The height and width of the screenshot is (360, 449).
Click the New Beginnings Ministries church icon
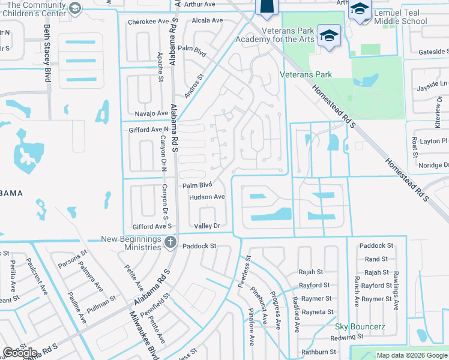coord(170,242)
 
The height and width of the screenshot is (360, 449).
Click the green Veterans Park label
coord(306,75)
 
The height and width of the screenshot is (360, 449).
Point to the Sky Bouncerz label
coord(360,327)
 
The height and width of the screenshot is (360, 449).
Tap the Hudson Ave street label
coord(206,197)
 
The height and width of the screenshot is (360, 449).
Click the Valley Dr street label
coord(207,226)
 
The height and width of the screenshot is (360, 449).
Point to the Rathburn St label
coord(319,352)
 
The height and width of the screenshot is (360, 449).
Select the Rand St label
coord(376,259)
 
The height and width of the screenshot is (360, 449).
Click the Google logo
coord(20,353)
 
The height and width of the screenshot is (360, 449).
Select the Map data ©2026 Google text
coord(411,355)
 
